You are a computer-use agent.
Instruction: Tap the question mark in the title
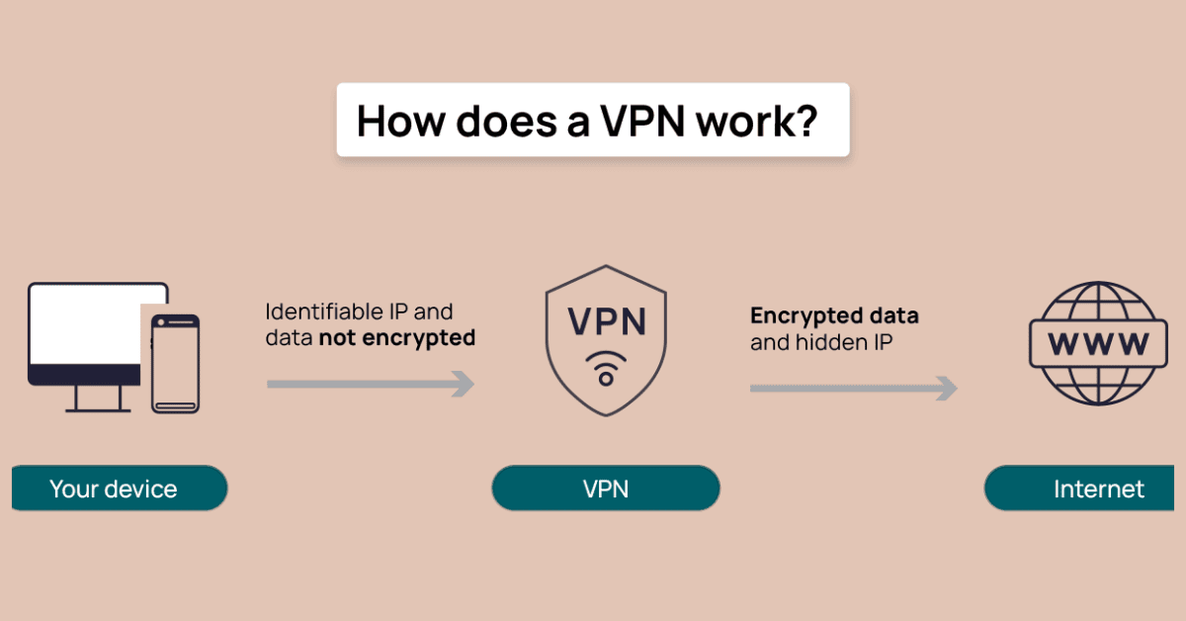click(x=805, y=121)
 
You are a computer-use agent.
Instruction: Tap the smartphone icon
click(x=175, y=363)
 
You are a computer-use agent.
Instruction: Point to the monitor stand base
click(x=97, y=407)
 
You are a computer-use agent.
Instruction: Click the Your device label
click(x=114, y=488)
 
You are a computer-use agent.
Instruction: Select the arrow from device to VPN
click(x=371, y=384)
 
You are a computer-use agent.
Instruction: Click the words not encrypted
click(x=396, y=338)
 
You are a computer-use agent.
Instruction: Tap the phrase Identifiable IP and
click(x=359, y=312)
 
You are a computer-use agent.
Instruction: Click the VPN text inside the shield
click(x=606, y=321)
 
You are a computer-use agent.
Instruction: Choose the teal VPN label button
click(x=606, y=488)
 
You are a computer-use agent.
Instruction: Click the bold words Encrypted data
click(x=834, y=316)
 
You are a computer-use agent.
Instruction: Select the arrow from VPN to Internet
click(x=853, y=389)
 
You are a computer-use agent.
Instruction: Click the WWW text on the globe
click(x=1098, y=343)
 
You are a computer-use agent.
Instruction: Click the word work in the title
click(x=749, y=121)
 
